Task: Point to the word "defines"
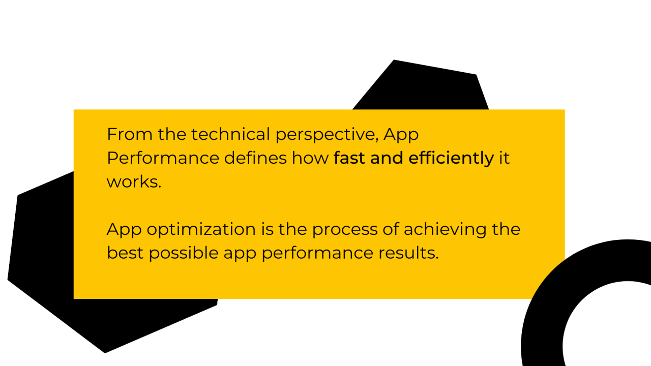(256, 158)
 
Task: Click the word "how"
(310, 158)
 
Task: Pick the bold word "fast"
(350, 158)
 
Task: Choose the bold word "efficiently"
(451, 159)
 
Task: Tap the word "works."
(134, 181)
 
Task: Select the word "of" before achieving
(392, 229)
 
